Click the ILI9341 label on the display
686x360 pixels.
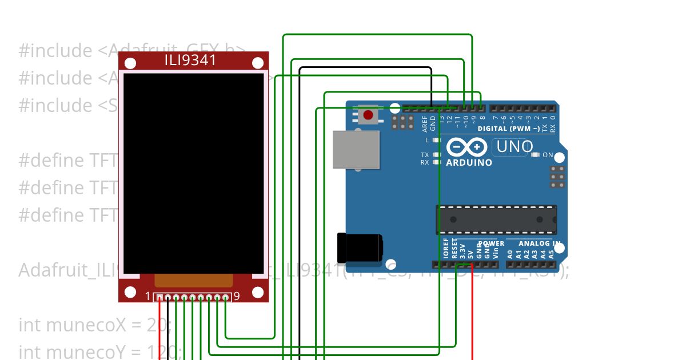(190, 60)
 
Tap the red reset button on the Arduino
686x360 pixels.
(368, 115)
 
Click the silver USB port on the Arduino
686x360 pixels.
(356, 150)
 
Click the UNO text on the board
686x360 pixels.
(514, 147)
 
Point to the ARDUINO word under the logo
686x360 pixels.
(469, 163)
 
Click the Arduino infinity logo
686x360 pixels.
(468, 147)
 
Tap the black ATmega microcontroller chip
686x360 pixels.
(496, 219)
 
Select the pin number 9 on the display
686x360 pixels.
(237, 297)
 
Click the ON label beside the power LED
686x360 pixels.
(548, 155)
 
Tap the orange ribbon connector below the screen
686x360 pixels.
(194, 280)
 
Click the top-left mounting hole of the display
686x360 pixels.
(130, 63)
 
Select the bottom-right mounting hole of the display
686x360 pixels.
(258, 293)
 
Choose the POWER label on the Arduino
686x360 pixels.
(492, 243)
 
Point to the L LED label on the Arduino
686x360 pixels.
(427, 140)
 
